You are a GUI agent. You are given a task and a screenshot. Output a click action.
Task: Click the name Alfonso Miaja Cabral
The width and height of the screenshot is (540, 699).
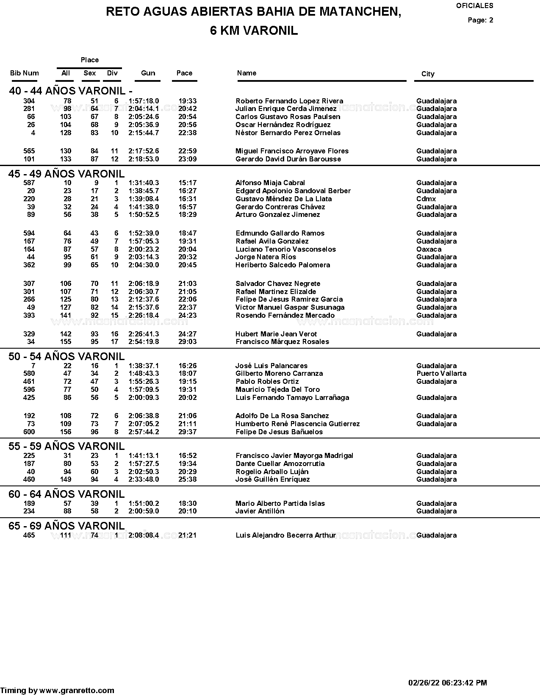click(x=270, y=183)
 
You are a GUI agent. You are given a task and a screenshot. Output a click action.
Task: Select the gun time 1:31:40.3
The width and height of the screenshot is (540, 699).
click(x=144, y=183)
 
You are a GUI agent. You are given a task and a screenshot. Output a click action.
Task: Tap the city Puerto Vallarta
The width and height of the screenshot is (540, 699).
click(x=441, y=373)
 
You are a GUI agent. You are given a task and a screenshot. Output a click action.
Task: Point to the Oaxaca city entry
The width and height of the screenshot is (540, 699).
click(x=429, y=249)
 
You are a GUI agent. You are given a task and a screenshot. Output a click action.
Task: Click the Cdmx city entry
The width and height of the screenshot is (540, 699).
click(x=426, y=199)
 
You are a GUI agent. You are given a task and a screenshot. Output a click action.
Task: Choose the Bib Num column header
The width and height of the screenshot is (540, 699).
click(x=25, y=73)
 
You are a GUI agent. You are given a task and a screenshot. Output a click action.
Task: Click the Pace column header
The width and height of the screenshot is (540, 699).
click(x=184, y=73)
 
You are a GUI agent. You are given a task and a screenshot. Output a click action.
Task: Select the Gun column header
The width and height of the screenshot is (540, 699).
click(x=148, y=73)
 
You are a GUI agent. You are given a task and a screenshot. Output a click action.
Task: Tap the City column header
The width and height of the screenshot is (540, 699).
click(x=428, y=74)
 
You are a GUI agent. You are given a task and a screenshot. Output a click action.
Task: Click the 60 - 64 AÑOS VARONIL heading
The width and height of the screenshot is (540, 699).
click(x=66, y=494)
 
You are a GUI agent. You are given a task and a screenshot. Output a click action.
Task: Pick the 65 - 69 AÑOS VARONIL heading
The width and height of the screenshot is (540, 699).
click(x=66, y=526)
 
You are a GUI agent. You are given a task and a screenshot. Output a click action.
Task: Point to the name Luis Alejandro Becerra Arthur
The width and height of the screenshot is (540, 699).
click(x=286, y=535)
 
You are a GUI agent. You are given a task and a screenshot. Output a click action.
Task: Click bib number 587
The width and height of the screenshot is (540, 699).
click(x=29, y=183)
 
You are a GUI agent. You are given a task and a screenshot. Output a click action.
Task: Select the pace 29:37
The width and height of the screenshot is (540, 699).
click(x=187, y=432)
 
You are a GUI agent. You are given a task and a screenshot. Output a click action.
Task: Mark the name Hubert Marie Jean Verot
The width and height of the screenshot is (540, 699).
click(x=276, y=334)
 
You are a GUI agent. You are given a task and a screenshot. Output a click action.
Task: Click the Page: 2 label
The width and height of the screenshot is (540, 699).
click(x=480, y=20)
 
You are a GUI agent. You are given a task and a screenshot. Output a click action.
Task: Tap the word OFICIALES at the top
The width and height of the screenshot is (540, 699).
click(x=475, y=6)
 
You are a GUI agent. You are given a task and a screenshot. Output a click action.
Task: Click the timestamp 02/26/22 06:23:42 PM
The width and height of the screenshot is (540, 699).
click(x=448, y=682)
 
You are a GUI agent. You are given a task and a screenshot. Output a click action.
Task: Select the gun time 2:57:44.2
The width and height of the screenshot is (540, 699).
click(x=144, y=432)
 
